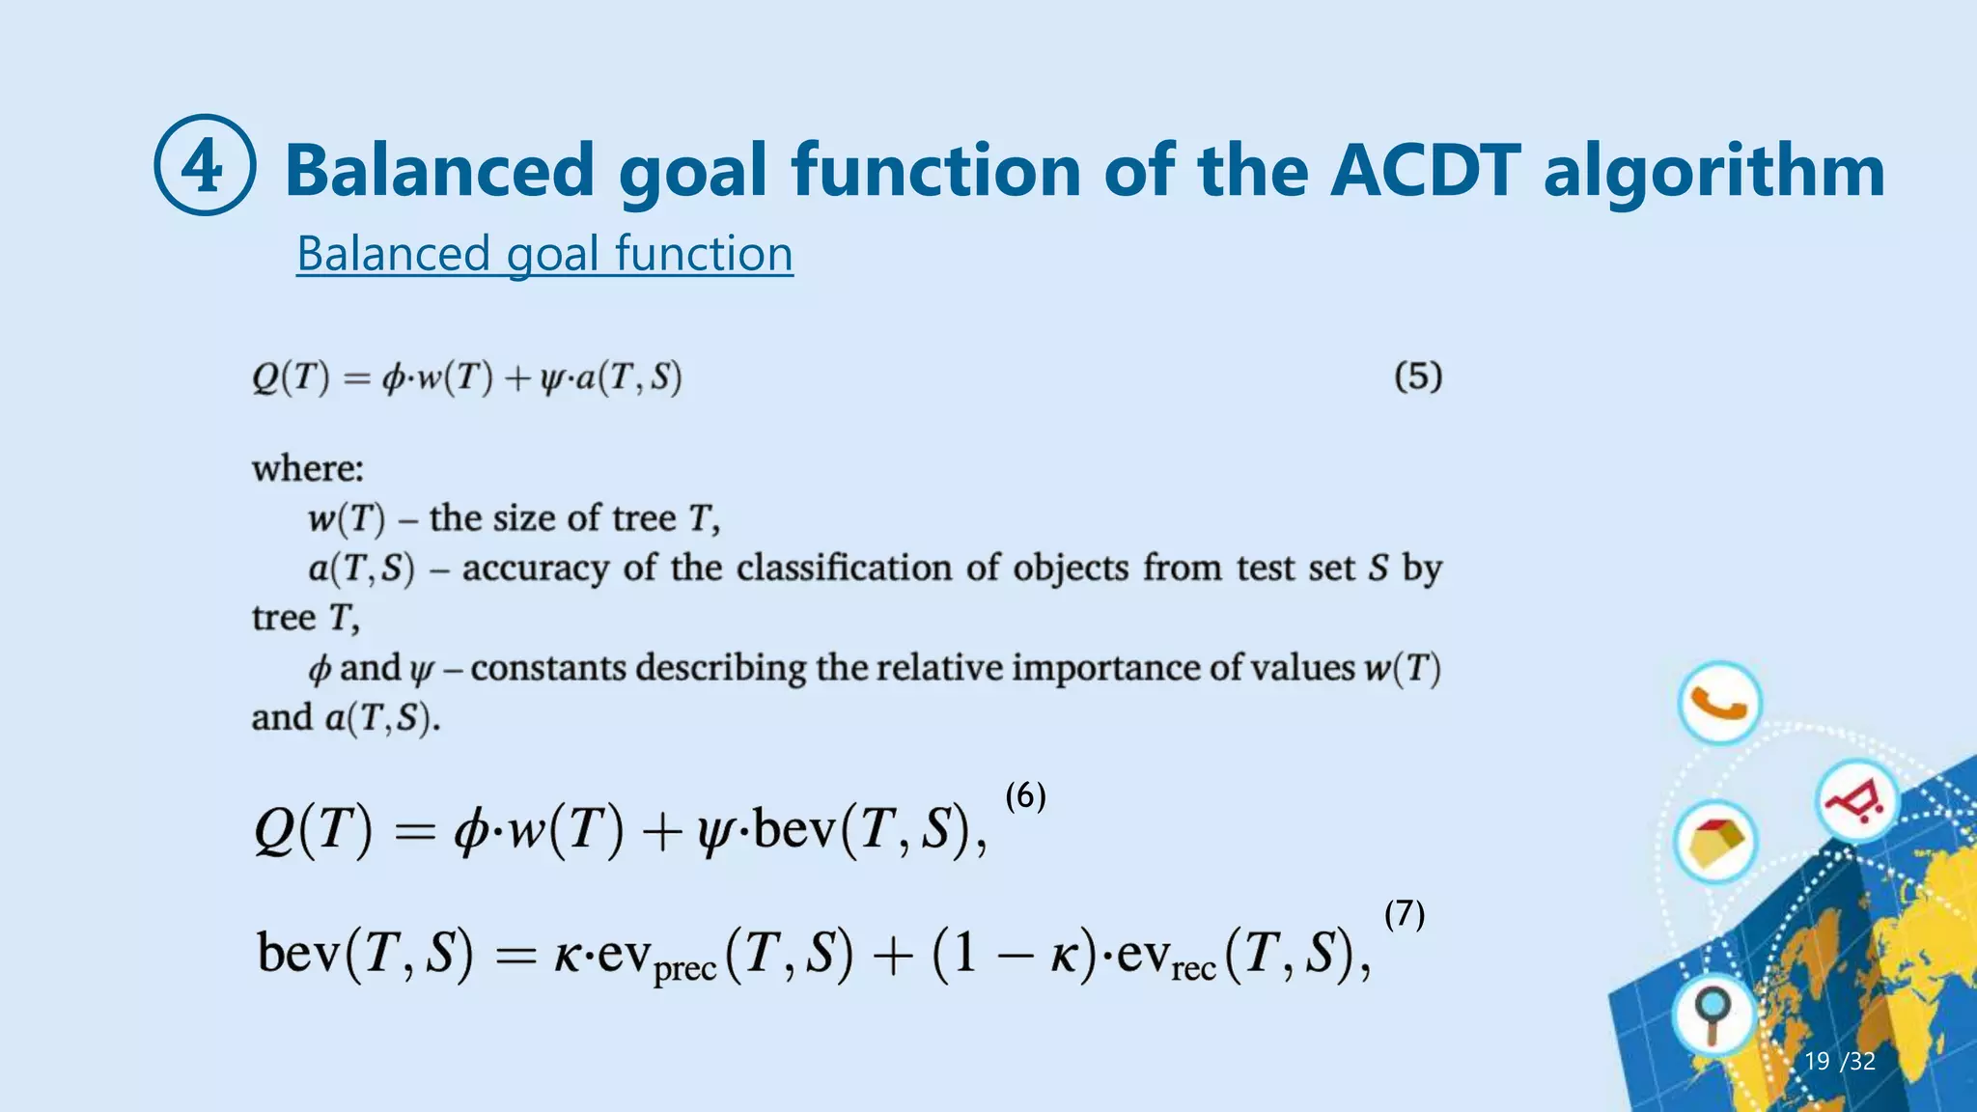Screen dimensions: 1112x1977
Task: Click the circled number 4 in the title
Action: pyautogui.click(x=205, y=165)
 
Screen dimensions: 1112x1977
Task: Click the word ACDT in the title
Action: pyautogui.click(x=1424, y=171)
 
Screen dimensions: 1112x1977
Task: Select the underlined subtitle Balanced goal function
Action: pyautogui.click(x=544, y=254)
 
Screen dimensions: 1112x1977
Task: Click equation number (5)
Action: pyautogui.click(x=1417, y=375)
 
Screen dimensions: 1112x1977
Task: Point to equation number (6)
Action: pyautogui.click(x=1025, y=795)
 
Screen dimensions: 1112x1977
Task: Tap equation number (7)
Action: pyautogui.click(x=1404, y=913)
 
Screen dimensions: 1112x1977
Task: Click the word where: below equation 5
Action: pyautogui.click(x=308, y=469)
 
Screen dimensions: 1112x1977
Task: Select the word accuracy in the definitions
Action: pyautogui.click(x=536, y=569)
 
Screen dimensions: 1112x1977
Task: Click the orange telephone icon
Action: pyautogui.click(x=1719, y=703)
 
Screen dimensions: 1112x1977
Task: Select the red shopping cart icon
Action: pyautogui.click(x=1855, y=800)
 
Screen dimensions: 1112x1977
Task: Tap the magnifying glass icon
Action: pyautogui.click(x=1713, y=1015)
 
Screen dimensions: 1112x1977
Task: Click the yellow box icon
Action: pyautogui.click(x=1715, y=842)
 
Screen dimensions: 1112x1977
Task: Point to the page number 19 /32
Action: pyautogui.click(x=1839, y=1062)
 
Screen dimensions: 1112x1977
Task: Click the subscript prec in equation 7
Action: pyautogui.click(x=684, y=969)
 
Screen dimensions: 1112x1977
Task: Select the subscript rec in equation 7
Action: pyautogui.click(x=1192, y=967)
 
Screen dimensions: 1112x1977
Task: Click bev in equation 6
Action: pyautogui.click(x=793, y=829)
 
